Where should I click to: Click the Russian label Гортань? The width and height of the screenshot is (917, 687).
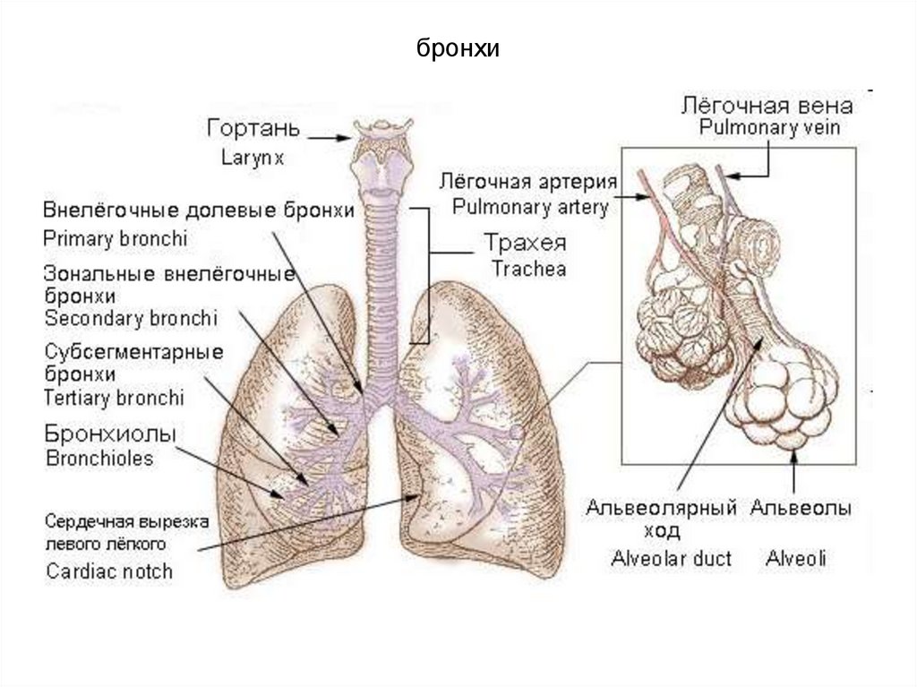pyautogui.click(x=250, y=129)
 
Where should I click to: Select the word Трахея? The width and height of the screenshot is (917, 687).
pyautogui.click(x=526, y=244)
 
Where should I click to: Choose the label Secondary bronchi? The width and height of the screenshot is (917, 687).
pyautogui.click(x=131, y=318)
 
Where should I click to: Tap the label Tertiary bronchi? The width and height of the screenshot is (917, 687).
pyautogui.click(x=114, y=397)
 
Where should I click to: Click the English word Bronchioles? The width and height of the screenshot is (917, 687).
pyautogui.click(x=99, y=459)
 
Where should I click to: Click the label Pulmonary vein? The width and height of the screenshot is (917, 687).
pyautogui.click(x=769, y=128)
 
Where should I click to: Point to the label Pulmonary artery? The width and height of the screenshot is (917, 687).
pyautogui.click(x=530, y=208)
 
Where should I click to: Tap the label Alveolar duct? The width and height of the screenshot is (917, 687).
pyautogui.click(x=671, y=559)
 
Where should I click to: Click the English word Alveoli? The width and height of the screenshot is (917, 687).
pyautogui.click(x=796, y=559)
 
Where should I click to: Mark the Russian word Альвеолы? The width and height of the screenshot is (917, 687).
pyautogui.click(x=801, y=509)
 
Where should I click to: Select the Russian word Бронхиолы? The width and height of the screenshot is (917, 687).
pyautogui.click(x=109, y=434)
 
